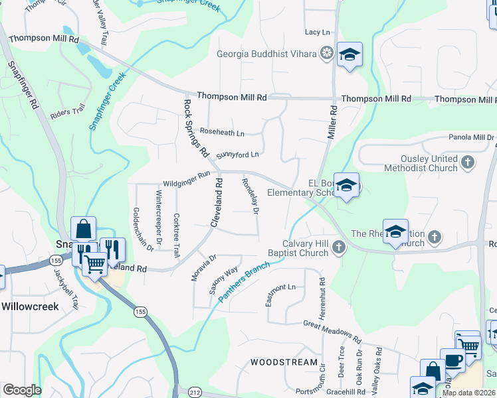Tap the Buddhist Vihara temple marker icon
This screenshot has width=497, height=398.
tap(326, 52)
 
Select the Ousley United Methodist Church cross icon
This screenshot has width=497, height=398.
tap(468, 162)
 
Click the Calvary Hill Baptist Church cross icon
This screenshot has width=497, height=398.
tap(339, 248)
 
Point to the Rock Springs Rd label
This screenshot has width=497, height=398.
tap(197, 128)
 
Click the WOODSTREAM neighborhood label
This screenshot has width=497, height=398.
tap(284, 362)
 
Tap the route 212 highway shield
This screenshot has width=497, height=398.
tap(193, 391)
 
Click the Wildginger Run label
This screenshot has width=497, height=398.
tap(187, 179)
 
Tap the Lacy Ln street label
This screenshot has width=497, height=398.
tap(317, 32)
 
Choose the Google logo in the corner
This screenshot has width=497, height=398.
tap(22, 390)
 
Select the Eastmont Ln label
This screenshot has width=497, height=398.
tap(280, 295)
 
